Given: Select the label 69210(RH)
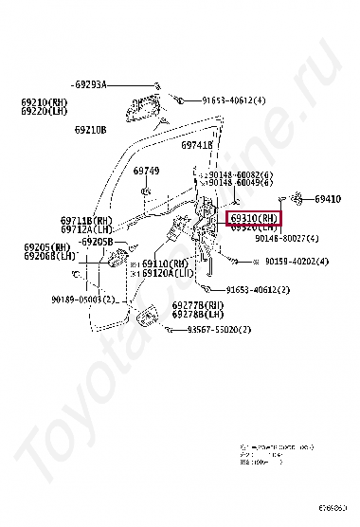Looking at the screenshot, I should pyautogui.click(x=43, y=101).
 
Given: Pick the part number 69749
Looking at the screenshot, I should pyautogui.click(x=146, y=171).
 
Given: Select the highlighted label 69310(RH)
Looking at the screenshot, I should pyautogui.click(x=253, y=218).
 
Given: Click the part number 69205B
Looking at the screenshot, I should pyautogui.click(x=96, y=242).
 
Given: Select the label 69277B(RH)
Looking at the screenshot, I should pyautogui.click(x=198, y=305).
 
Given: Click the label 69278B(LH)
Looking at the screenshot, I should pyautogui.click(x=198, y=314).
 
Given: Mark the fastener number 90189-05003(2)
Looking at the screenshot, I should pyautogui.click(x=83, y=300).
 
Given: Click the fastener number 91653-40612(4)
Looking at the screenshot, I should pyautogui.click(x=234, y=100).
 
